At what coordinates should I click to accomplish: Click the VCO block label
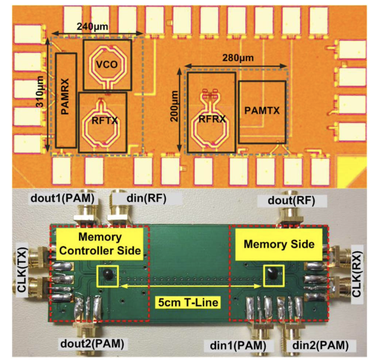click(x=106, y=63)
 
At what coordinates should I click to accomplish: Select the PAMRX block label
click(x=65, y=100)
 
